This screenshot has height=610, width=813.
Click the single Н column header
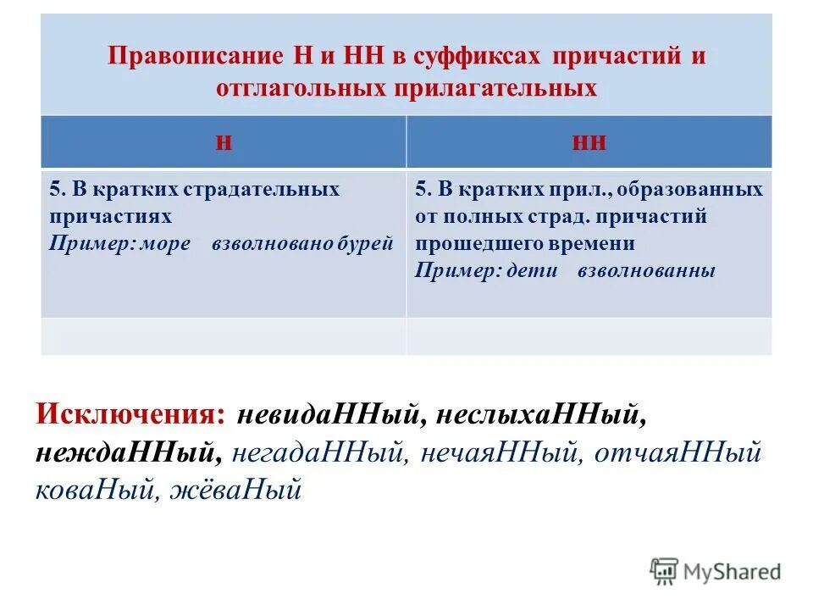tap(224, 141)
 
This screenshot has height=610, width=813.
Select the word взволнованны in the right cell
tap(646, 271)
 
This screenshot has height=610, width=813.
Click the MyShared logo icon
tap(664, 570)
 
